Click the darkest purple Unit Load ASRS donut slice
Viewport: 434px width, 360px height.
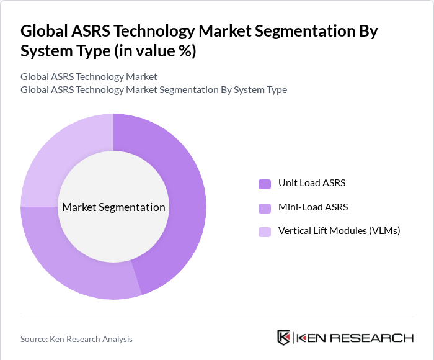(x=186, y=186)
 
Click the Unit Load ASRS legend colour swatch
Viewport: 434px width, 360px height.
(x=265, y=184)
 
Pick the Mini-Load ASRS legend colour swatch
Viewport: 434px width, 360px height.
(x=265, y=208)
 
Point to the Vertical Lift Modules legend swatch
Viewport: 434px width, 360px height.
(x=265, y=232)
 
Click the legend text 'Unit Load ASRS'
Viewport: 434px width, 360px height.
(x=312, y=183)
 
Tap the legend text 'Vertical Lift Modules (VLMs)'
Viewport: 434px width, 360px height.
(x=339, y=231)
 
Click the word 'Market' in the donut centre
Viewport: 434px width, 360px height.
(x=79, y=207)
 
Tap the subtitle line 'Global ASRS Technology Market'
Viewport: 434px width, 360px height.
(x=89, y=77)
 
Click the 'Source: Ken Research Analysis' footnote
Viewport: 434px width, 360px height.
(x=76, y=339)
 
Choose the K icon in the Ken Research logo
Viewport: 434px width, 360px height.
(x=284, y=338)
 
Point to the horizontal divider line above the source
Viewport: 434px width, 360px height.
(x=217, y=315)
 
